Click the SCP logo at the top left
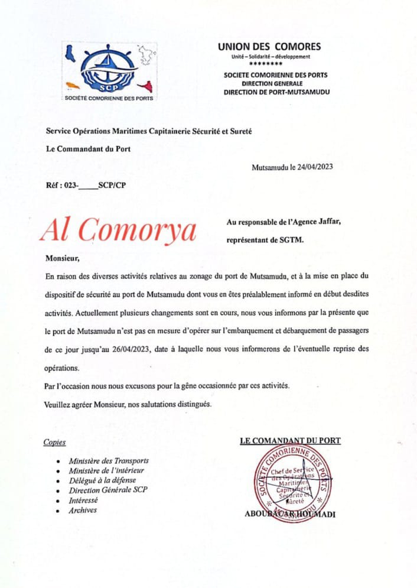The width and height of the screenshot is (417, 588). coord(109,71)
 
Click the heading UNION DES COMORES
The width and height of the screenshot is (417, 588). coord(269,47)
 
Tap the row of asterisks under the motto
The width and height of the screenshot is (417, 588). coord(270,64)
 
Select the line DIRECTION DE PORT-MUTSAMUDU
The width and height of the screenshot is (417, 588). coord(276,92)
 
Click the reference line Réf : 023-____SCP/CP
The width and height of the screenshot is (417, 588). coord(86,185)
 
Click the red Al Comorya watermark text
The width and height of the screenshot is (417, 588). coord(118,229)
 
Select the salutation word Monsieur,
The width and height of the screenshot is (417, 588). coord(61,258)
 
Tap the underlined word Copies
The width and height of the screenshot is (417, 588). coord(55,442)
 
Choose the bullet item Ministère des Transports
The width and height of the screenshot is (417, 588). coord(109,460)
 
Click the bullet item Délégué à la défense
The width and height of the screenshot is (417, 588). coord(101,480)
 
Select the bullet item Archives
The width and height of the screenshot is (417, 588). coord(83,510)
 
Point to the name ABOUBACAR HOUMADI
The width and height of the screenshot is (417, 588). coord(290,514)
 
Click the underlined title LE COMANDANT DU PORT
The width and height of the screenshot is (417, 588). coord(290,440)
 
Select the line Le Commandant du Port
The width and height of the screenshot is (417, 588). coord(88,149)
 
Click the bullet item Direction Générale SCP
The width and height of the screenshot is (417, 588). coord(108,490)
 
